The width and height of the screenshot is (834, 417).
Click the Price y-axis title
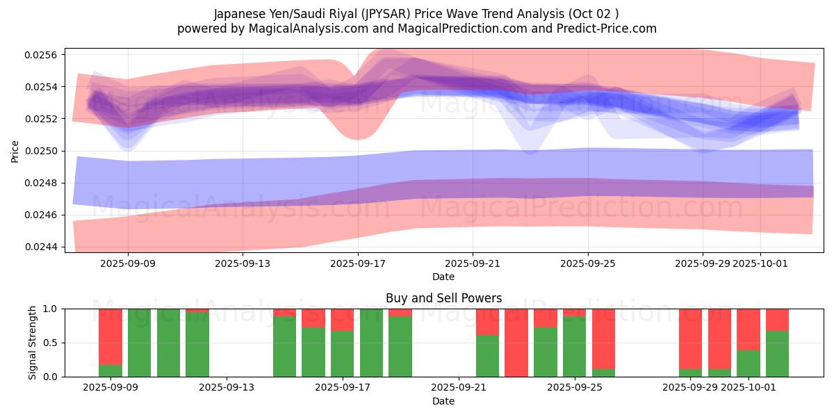point(15,151)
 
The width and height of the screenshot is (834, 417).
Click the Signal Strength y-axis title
point(33,343)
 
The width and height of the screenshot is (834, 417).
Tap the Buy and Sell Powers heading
point(443,298)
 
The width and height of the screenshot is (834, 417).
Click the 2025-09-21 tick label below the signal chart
point(459,388)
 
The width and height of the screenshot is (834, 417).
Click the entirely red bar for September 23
point(516,343)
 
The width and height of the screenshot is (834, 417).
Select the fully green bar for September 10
point(140,343)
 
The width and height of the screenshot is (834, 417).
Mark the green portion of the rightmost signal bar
point(777,354)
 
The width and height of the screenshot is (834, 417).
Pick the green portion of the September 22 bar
point(487,356)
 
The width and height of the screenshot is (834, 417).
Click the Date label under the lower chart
point(443,401)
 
